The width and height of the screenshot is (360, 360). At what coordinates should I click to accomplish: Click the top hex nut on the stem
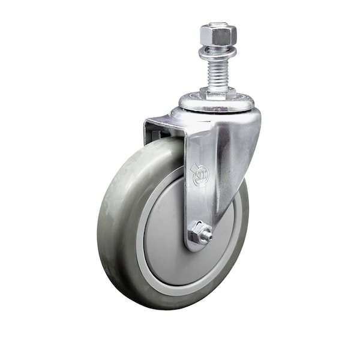pos(218,35)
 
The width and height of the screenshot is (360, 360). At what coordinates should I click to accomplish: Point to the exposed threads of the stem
pos(218,72)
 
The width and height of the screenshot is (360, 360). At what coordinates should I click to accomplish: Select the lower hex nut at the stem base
pos(217,93)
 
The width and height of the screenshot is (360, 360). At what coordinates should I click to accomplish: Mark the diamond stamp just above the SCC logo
pos(196,163)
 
